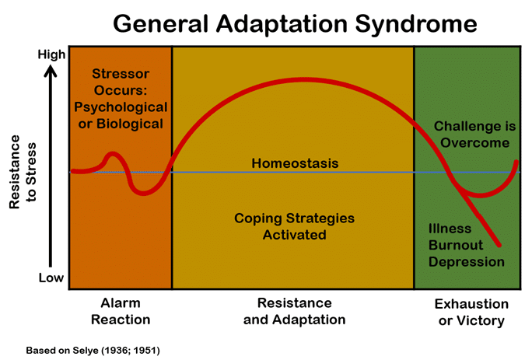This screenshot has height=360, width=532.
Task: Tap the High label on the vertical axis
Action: click(x=51, y=55)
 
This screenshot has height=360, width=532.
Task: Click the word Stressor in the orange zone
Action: click(x=121, y=75)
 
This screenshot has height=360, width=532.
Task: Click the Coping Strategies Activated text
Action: click(x=294, y=225)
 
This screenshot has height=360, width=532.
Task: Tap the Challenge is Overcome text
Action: click(x=471, y=134)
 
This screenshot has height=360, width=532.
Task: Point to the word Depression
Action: click(x=466, y=261)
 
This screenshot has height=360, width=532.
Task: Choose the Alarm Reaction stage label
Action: click(x=121, y=311)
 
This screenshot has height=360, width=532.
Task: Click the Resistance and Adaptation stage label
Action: click(x=294, y=311)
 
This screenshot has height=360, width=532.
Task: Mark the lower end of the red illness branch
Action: click(x=499, y=245)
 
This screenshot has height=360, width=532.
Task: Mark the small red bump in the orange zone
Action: click(x=113, y=156)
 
